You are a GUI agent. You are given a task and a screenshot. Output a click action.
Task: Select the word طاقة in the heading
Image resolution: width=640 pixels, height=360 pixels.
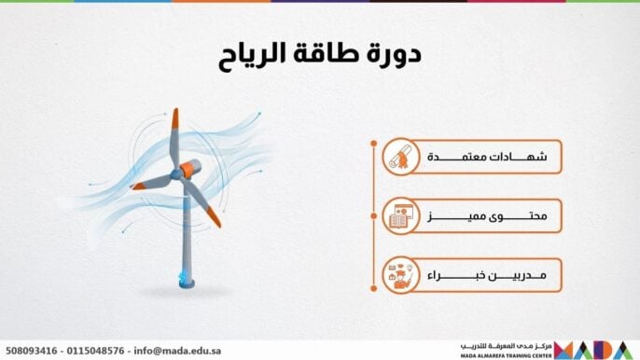[327, 54]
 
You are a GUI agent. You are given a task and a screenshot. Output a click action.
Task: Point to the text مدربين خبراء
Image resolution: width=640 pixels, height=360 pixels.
[485, 276]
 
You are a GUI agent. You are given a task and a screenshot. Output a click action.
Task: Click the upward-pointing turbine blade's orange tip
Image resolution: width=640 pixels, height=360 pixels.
[174, 119]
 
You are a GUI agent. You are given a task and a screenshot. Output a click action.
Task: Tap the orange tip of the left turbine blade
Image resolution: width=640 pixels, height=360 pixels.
[139, 186]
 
